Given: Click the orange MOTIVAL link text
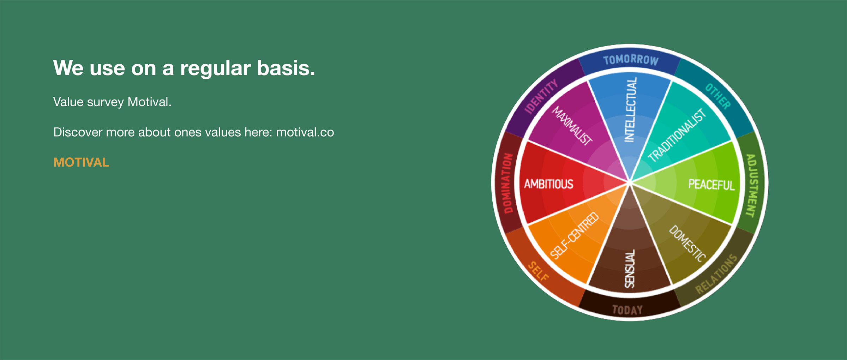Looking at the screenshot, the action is point(81,162).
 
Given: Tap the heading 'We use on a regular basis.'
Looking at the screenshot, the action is point(184,68).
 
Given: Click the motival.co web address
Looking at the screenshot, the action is point(305,132).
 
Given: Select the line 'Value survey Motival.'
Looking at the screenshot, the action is point(112,102).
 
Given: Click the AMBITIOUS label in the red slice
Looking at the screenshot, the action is point(548,184).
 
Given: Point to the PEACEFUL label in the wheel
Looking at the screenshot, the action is point(711,185).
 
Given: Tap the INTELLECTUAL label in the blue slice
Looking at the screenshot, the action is point(631,110).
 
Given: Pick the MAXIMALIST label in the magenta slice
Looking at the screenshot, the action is point(572,126).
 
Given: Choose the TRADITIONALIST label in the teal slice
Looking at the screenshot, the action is point(677,135).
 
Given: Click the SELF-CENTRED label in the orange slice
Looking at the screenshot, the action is point(575,236).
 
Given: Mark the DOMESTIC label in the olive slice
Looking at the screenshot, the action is point(687,244).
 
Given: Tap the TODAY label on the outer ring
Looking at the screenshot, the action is point(627,310).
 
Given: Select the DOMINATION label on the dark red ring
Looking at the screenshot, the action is point(507,183).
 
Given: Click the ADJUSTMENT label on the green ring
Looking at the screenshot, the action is point(751,185).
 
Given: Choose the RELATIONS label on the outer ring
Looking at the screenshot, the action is point(716,274).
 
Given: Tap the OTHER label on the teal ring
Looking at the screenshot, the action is point(718,96).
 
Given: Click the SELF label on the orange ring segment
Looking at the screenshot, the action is point(539,271).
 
